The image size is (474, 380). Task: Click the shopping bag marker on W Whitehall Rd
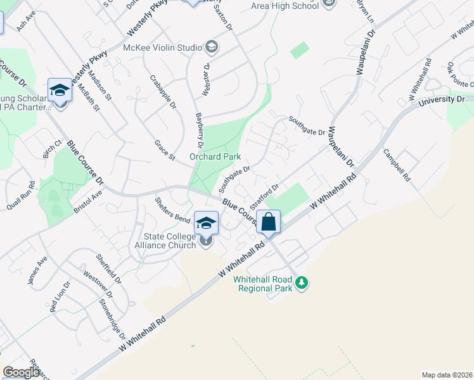pyautogui.click(x=269, y=222)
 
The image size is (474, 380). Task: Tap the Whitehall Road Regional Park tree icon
pyautogui.click(x=303, y=282)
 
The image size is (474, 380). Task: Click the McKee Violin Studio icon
pyautogui.click(x=212, y=47)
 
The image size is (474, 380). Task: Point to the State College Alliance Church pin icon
pyautogui.click(x=205, y=240)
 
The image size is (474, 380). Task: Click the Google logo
pyautogui.click(x=20, y=372)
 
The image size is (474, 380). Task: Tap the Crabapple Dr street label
pyautogui.click(x=163, y=92)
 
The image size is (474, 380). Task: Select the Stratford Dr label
pyautogui.click(x=264, y=198)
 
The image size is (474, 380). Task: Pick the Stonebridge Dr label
pyautogui.click(x=109, y=315)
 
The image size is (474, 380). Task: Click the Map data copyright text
pyautogui.click(x=447, y=374)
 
